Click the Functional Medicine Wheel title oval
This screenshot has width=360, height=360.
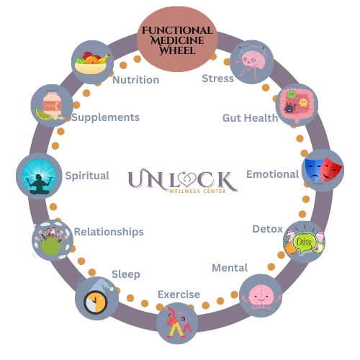point(177,39)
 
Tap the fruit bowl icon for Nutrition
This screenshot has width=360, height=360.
point(93,63)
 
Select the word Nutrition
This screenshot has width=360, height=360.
point(136,80)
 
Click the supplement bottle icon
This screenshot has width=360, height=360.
point(53,104)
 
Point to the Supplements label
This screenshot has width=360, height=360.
point(106,117)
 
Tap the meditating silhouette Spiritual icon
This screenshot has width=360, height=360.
point(39,176)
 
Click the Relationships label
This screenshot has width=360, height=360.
point(109,232)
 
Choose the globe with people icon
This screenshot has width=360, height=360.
point(51,240)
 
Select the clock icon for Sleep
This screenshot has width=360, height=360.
point(95,302)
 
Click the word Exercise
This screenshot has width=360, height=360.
point(179,294)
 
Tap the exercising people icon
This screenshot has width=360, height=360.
point(179,323)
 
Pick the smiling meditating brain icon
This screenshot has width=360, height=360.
point(261,297)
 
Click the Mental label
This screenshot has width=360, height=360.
point(230,268)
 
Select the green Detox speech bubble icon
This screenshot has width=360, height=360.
point(304,243)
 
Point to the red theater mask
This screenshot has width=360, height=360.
point(331,169)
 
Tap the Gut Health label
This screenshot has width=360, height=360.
point(251,118)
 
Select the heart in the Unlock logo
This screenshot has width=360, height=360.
point(187,180)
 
